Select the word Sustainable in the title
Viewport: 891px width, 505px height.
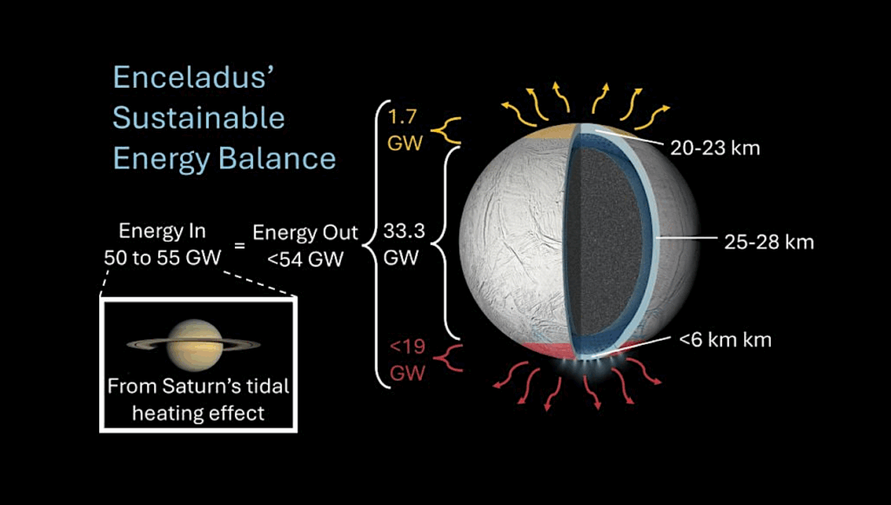pos(198,117)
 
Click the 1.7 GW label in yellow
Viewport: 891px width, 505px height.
pos(405,129)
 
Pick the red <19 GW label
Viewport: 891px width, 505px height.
pos(406,360)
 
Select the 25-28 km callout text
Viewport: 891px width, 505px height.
pos(769,242)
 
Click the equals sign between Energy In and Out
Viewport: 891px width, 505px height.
pos(239,247)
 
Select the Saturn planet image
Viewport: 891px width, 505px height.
pos(193,343)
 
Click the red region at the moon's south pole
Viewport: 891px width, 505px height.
pos(548,349)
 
